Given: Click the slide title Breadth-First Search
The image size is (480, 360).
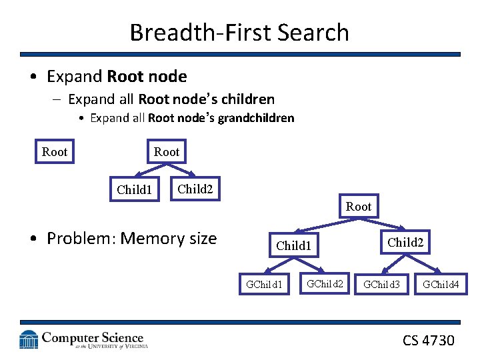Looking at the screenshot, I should [x=239, y=32].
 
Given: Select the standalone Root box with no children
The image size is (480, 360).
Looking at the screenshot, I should [x=54, y=152].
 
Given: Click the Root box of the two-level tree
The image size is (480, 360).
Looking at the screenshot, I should [x=166, y=152].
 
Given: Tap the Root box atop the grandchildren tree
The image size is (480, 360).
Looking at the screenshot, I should [x=358, y=207].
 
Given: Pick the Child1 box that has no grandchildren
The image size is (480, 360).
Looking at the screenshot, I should [x=134, y=190].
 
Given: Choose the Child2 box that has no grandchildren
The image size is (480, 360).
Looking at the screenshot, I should [x=195, y=189].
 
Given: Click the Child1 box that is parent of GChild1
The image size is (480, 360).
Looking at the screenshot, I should [x=294, y=246].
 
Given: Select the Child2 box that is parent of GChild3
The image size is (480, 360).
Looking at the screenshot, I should [x=405, y=243].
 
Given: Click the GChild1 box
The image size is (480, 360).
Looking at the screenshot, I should [x=265, y=285].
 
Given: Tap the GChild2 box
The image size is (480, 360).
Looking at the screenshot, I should [x=325, y=284].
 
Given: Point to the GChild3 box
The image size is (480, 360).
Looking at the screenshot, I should [x=381, y=285].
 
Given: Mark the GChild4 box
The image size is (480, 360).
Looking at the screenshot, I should [x=441, y=285].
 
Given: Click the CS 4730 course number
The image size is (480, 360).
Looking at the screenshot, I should [x=428, y=341].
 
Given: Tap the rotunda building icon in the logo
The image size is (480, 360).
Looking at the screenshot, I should [x=29, y=340].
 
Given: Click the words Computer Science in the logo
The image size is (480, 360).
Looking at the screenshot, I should [x=93, y=338].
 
